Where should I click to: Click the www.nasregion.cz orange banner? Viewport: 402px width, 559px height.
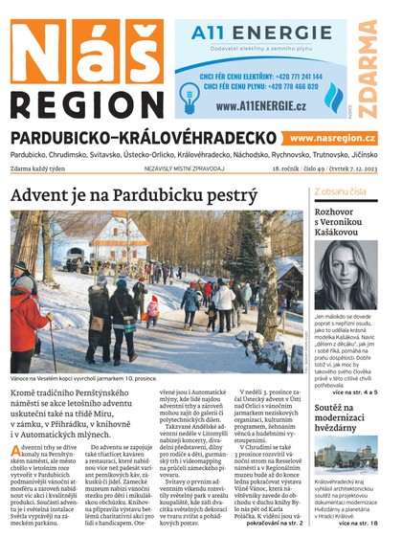point(332,139)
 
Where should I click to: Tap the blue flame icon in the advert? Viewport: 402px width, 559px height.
point(333,97)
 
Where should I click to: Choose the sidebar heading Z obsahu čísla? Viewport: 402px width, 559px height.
point(340,191)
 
